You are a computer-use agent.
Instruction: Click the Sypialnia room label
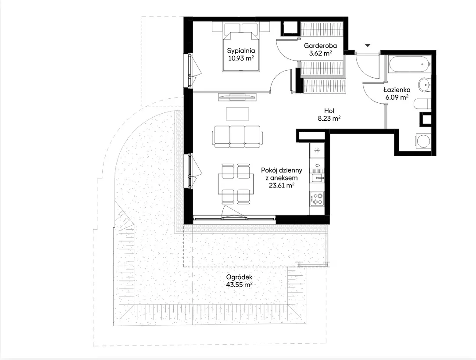coord(241,51)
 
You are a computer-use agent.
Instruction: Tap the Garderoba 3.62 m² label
coord(320,50)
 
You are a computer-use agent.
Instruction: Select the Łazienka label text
coord(397,90)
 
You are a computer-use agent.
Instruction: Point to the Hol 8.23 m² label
coord(329,115)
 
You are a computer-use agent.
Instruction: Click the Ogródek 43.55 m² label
coord(239,281)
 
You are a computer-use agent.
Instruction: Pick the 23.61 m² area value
coord(281,185)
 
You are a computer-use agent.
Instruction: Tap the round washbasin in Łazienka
coord(424,84)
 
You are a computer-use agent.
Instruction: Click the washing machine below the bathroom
coord(423,141)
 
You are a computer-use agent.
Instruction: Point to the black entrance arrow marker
coord(368,46)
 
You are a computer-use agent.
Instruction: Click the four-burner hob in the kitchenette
coord(317,199)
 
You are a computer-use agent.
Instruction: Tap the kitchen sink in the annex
coord(317,178)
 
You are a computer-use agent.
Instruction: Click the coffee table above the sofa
coord(237,114)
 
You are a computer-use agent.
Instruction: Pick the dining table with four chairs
coord(236,184)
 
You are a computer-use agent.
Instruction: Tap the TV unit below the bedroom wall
coord(237,97)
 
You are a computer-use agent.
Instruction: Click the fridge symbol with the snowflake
coord(317,151)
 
